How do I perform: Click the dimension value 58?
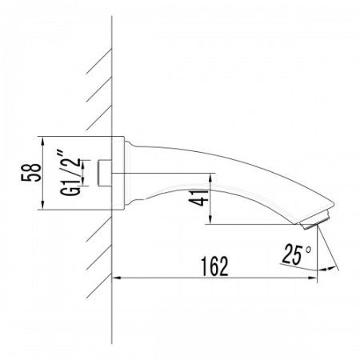pyautogui.click(x=31, y=173)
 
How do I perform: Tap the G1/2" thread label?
pyautogui.click(x=70, y=174)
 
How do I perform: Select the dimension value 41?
pyautogui.click(x=198, y=198)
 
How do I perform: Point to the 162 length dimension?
pyautogui.click(x=214, y=266)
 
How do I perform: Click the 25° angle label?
pyautogui.click(x=297, y=254)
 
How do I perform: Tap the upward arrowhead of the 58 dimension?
pyautogui.click(x=42, y=141)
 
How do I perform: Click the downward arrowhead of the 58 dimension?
pyautogui.click(x=42, y=206)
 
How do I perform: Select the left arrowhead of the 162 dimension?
pyautogui.click(x=117, y=278)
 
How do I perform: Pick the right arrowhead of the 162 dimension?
pyautogui.click(x=313, y=278)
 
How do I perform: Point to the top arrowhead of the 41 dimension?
pyautogui.click(x=210, y=178)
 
